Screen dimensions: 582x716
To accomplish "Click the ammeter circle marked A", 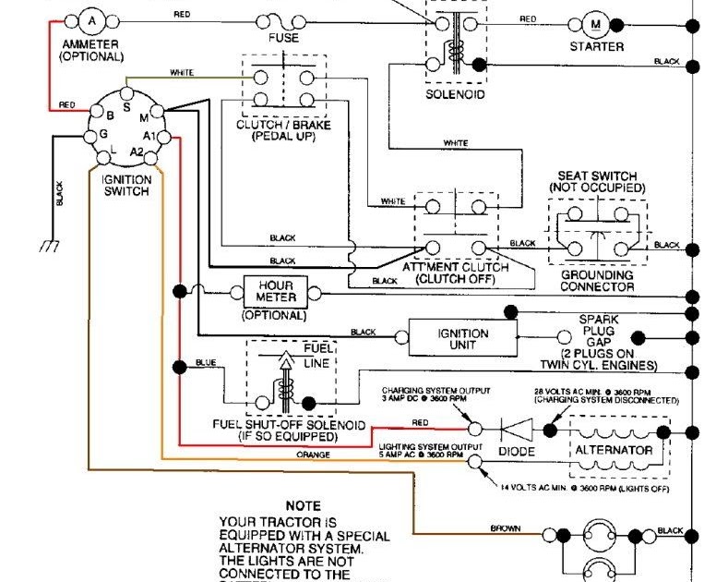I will (90, 19).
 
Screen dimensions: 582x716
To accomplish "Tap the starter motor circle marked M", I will (595, 23).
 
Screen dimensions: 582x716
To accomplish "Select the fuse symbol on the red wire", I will (283, 20).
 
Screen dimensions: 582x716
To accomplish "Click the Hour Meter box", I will (276, 292).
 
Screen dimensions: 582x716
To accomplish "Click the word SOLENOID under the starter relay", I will (453, 94).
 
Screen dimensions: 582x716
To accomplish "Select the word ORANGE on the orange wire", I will (313, 455).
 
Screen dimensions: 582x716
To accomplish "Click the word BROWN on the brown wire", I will (507, 529).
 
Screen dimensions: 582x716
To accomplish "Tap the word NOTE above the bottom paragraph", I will (303, 506).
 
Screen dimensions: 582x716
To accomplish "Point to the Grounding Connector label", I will (597, 281).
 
